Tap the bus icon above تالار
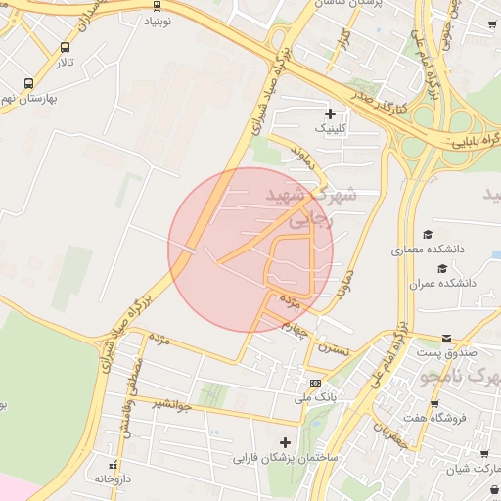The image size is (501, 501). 66,47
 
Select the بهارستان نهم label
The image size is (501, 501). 30,98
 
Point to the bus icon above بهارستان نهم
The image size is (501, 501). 28,83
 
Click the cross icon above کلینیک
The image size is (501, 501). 330,114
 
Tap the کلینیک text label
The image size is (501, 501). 329,128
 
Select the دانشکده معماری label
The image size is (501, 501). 428,250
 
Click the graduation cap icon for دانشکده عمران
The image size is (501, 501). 442,268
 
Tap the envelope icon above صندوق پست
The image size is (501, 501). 447,338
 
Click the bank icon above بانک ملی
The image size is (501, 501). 315,383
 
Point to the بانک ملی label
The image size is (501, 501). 315,397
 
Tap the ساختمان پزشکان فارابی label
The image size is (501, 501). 285,457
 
